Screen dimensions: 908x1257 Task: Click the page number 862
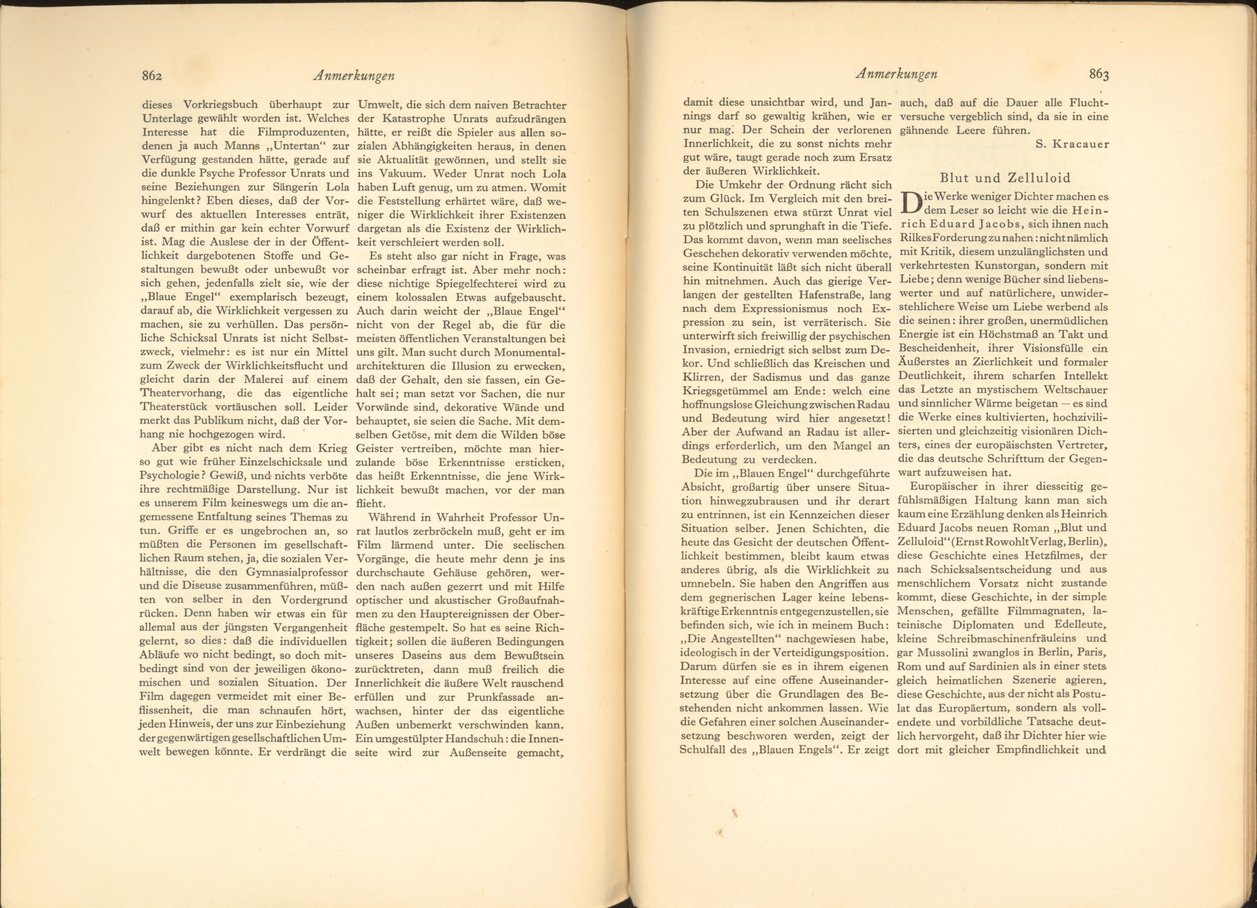click(151, 76)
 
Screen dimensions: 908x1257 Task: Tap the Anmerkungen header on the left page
click(354, 76)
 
